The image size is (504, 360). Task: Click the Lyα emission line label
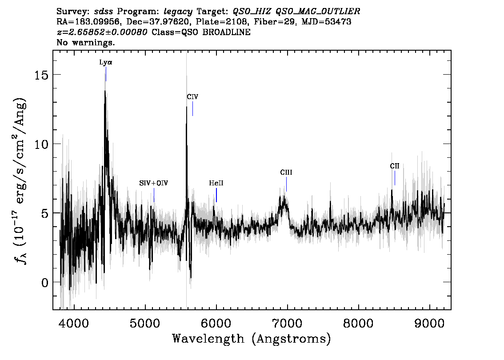pyautogui.click(x=106, y=62)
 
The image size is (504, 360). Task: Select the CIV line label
pyautogui.click(x=192, y=97)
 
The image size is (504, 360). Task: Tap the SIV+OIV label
pyautogui.click(x=154, y=183)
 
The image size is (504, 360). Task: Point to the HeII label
pyautogui.click(x=216, y=183)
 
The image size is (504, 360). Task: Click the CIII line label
pyautogui.click(x=286, y=172)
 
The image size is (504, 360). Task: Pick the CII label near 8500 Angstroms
pyautogui.click(x=394, y=166)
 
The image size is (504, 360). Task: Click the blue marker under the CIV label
pyautogui.click(x=192, y=108)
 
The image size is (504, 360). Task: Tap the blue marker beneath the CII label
pyautogui.click(x=395, y=178)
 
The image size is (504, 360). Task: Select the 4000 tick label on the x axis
pyautogui.click(x=74, y=324)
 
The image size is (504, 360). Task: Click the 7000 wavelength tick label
pyautogui.click(x=287, y=324)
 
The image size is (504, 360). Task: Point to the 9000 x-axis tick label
pyautogui.click(x=429, y=324)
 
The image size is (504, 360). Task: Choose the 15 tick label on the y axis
pyautogui.click(x=41, y=75)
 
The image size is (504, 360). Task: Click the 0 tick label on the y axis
pyautogui.click(x=45, y=283)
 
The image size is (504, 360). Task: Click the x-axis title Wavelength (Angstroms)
pyautogui.click(x=252, y=339)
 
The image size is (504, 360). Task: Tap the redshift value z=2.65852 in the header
pyautogui.click(x=102, y=32)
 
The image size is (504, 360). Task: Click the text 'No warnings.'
pyautogui.click(x=85, y=42)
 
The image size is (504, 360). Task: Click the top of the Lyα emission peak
pyautogui.click(x=105, y=91)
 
